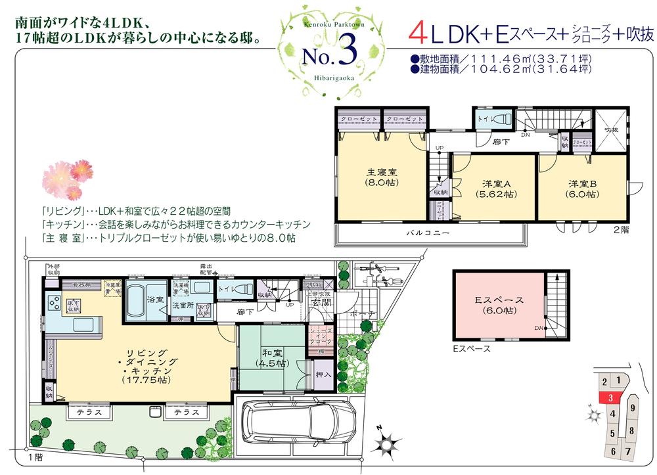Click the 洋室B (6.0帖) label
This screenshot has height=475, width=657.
point(582,189)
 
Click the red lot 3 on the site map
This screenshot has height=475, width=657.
point(610,397)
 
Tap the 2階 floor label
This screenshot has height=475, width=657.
point(621,230)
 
